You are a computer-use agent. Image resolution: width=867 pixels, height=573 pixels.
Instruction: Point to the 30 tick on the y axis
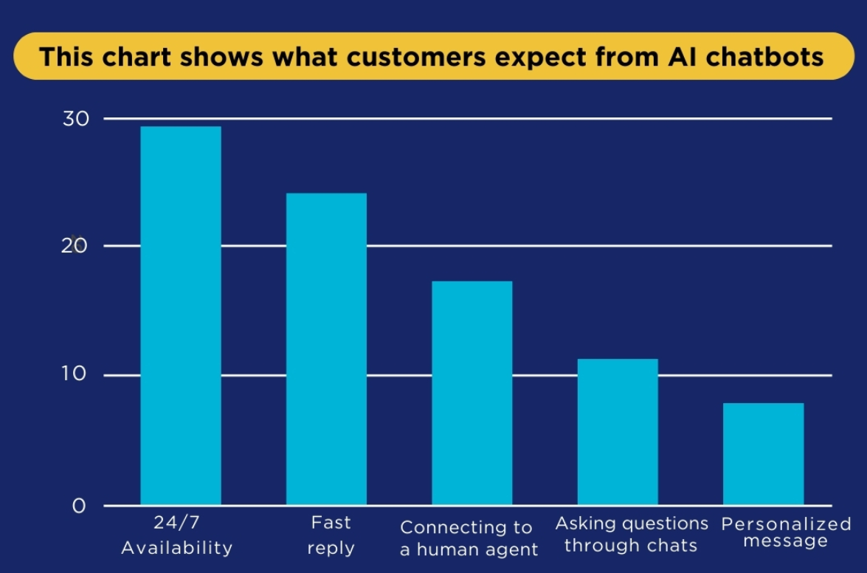[x=76, y=119]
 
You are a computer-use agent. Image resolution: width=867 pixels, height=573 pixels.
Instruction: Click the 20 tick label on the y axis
[x=76, y=246]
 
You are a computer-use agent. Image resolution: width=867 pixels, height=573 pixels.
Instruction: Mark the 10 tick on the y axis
[x=76, y=375]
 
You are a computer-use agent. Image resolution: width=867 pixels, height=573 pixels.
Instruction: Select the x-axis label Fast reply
[x=331, y=535]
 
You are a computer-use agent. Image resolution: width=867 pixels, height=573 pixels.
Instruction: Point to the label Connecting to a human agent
[x=469, y=538]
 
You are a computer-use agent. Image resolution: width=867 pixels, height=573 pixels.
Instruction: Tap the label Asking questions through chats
[x=632, y=535]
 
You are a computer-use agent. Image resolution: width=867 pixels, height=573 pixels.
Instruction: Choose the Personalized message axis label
[x=786, y=532]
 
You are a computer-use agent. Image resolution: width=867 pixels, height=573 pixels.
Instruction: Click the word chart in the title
[x=136, y=57]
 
